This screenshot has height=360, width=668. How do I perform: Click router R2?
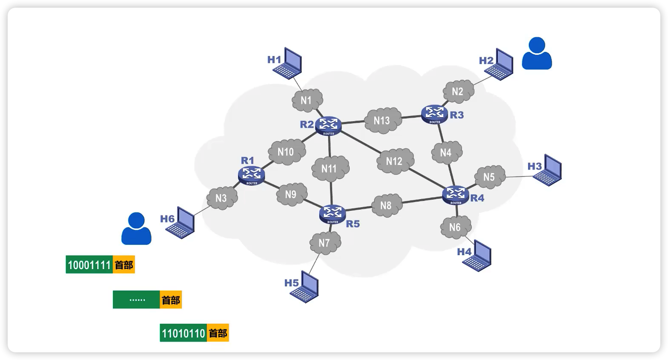click(x=328, y=125)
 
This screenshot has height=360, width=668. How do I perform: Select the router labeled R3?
click(x=434, y=114)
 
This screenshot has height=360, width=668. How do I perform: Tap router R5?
click(x=332, y=214)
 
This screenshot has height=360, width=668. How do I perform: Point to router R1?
click(x=252, y=175)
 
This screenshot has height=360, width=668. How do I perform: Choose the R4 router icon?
click(x=456, y=195)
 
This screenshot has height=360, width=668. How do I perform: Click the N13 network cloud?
click(x=382, y=121)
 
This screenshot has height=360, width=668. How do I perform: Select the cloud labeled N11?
click(x=330, y=169)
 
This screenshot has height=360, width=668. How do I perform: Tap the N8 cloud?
click(x=386, y=206)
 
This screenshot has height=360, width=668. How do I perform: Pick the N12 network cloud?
click(x=395, y=161)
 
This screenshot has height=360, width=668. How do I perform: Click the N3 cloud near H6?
click(x=221, y=198)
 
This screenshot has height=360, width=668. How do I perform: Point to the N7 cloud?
click(x=325, y=243)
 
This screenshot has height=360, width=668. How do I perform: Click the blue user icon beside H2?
click(x=537, y=54)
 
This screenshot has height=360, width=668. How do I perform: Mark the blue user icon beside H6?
click(x=136, y=229)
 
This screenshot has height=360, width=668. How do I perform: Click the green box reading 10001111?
click(x=89, y=265)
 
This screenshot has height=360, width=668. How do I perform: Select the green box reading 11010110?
click(x=183, y=333)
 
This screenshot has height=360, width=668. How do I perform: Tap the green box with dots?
click(x=137, y=300)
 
